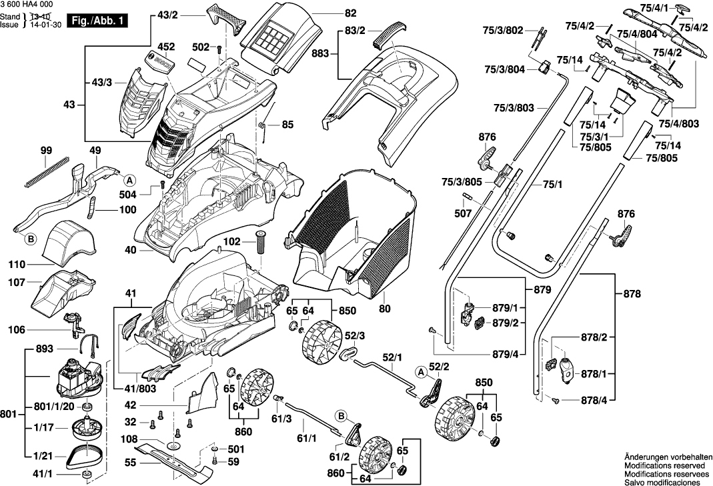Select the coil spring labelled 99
(45, 171)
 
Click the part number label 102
(233, 243)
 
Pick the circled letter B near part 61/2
(341, 417)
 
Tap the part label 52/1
(392, 357)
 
